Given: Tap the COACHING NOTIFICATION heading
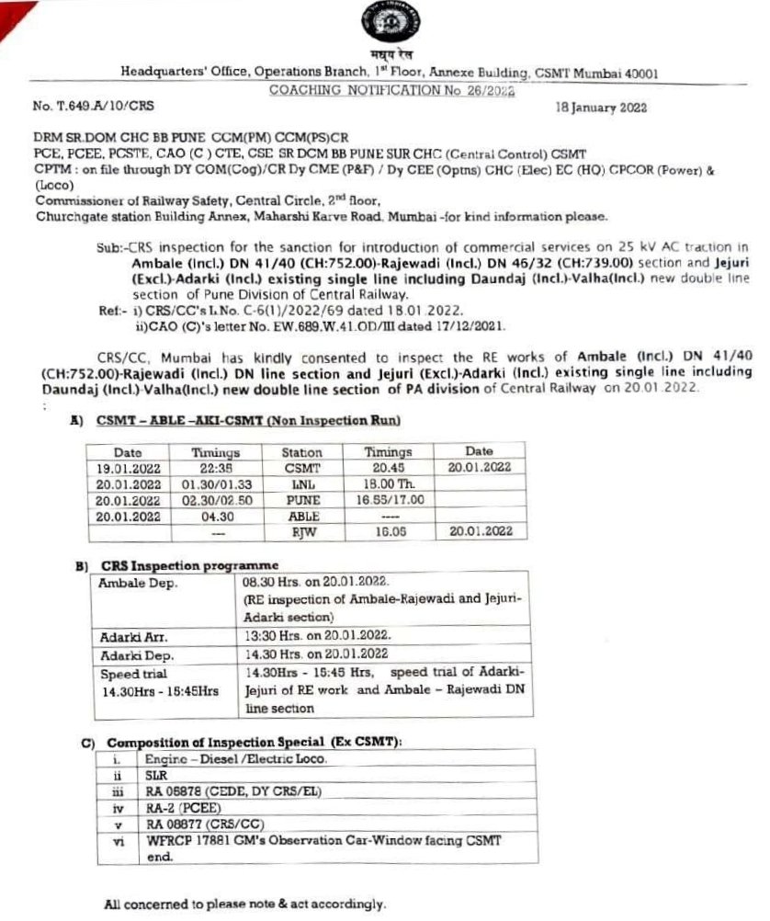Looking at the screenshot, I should coord(391,90).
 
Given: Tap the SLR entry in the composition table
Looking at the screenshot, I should coord(155,775).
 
